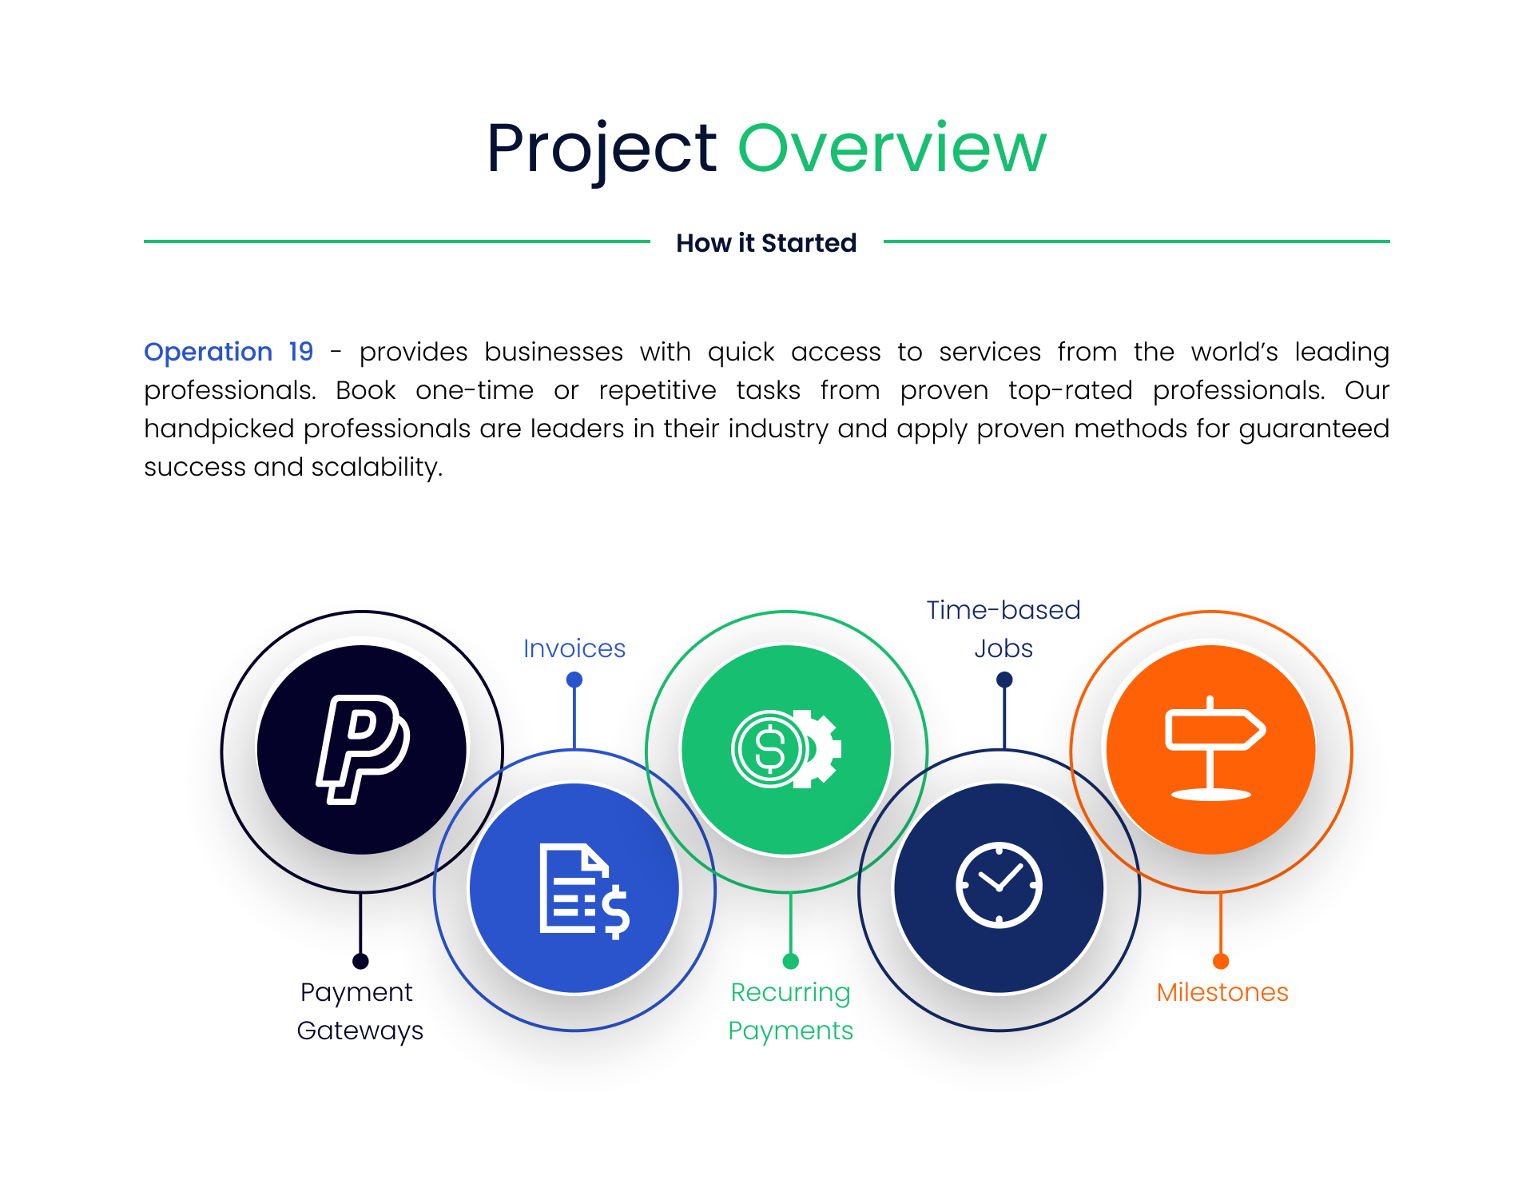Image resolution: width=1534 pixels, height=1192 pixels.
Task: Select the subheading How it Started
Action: click(x=766, y=243)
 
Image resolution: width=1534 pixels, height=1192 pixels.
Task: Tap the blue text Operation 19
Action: click(x=229, y=353)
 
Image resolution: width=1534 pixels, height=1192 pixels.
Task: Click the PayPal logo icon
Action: click(x=363, y=749)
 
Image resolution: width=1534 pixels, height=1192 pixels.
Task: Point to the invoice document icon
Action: click(x=585, y=891)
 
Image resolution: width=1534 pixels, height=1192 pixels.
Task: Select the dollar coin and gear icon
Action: click(x=786, y=749)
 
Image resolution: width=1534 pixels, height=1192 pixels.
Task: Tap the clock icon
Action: click(x=999, y=885)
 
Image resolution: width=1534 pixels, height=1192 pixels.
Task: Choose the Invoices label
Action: click(x=574, y=648)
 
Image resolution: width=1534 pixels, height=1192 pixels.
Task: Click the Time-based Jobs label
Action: click(x=1003, y=629)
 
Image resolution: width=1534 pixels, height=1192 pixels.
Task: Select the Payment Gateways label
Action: click(x=360, y=1011)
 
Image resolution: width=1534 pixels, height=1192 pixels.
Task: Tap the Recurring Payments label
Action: click(x=790, y=1011)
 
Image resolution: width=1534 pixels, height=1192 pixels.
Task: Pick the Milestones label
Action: click(x=1222, y=992)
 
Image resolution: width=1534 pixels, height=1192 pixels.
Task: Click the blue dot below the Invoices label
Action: click(x=574, y=680)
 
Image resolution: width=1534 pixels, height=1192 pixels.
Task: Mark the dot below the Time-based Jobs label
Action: click(x=1004, y=680)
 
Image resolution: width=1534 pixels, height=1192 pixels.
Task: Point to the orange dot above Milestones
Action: click(x=1221, y=961)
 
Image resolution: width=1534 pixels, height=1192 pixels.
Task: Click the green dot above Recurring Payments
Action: click(x=791, y=961)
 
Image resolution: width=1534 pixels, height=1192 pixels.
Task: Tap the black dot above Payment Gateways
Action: click(x=360, y=961)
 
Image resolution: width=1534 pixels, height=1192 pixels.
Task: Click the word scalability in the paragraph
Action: click(x=376, y=468)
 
